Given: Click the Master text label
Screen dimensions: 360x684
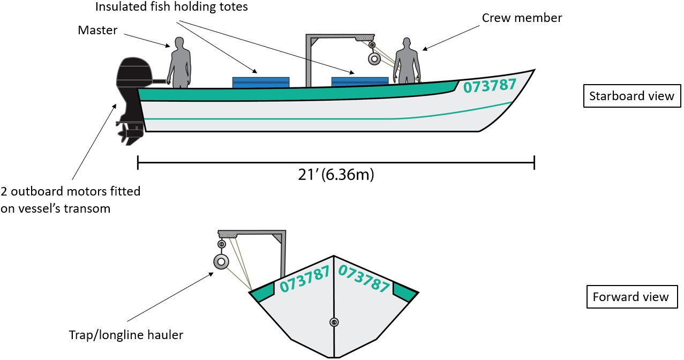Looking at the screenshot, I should point(97,31).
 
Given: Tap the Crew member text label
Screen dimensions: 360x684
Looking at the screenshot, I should point(522,18).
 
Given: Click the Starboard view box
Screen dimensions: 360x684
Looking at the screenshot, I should point(631,96).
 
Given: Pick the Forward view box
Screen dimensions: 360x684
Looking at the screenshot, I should point(631,297).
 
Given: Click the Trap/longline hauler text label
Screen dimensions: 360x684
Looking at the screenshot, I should point(126,335).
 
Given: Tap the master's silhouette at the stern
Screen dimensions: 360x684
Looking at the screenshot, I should point(179,63).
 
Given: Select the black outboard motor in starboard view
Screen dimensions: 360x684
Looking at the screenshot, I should point(131,86).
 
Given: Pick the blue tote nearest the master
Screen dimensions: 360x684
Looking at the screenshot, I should point(261,82).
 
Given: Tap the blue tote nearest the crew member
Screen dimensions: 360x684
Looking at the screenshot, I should point(360,81).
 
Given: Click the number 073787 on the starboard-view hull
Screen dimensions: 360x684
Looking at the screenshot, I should point(490,85).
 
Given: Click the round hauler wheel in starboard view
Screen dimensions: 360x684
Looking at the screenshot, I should point(373,59).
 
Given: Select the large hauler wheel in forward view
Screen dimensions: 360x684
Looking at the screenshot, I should point(221,262).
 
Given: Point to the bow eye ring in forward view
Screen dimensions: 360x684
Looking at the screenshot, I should point(334,322).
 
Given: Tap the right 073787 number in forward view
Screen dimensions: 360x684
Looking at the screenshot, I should point(364,279).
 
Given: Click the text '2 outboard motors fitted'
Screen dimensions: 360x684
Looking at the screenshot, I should point(70,191).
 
